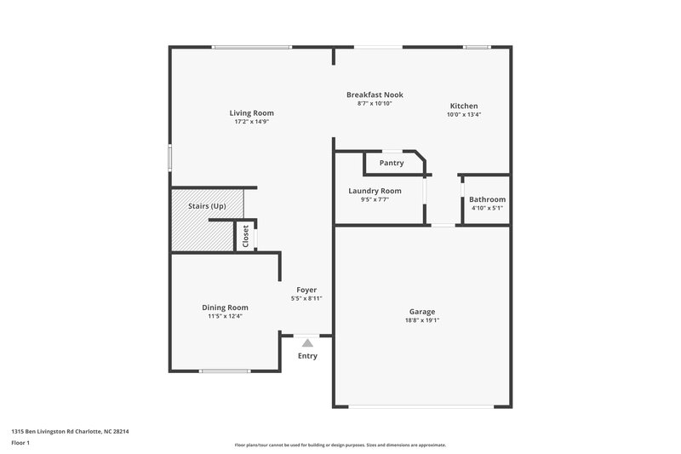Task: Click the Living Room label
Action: pyautogui.click(x=251, y=112)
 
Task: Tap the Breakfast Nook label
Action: pyautogui.click(x=375, y=95)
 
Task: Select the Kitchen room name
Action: pyautogui.click(x=464, y=106)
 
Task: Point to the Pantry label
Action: pyautogui.click(x=392, y=162)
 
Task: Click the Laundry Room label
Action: pyautogui.click(x=375, y=191)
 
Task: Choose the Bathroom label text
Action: pyautogui.click(x=487, y=199)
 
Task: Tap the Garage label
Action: pyautogui.click(x=422, y=312)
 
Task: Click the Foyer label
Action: pyautogui.click(x=306, y=290)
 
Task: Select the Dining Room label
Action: pyautogui.click(x=225, y=307)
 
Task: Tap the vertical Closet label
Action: pyautogui.click(x=246, y=236)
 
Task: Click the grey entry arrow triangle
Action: pyautogui.click(x=307, y=342)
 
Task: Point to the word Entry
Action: pyautogui.click(x=307, y=356)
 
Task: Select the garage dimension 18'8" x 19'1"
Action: pyautogui.click(x=422, y=321)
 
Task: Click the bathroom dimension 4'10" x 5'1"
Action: pyautogui.click(x=487, y=208)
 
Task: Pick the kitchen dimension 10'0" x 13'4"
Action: pyautogui.click(x=464, y=114)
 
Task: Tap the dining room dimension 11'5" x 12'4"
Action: pyautogui.click(x=225, y=316)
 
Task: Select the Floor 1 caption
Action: pyautogui.click(x=21, y=444)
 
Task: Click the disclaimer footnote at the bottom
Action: pyautogui.click(x=340, y=445)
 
